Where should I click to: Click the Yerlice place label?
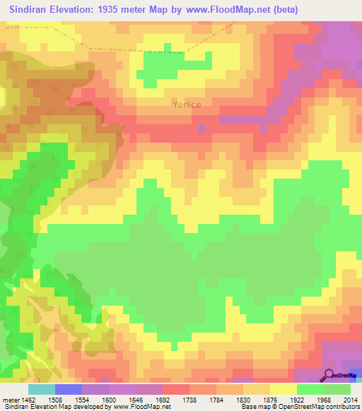coord(187,105)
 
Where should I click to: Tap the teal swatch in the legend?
coord(42,389)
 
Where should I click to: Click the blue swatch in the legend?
coord(69,389)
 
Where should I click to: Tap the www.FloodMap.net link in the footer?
coord(141,407)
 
